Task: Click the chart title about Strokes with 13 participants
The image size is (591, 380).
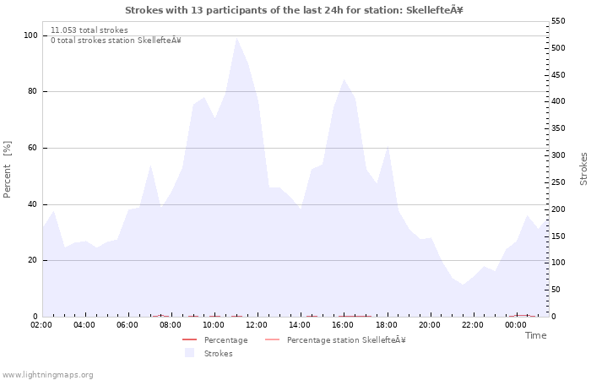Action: click(x=294, y=10)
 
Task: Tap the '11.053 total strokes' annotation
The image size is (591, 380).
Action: click(x=89, y=30)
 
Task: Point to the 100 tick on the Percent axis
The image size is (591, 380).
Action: click(x=30, y=35)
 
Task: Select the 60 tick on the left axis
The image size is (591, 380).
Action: click(x=32, y=148)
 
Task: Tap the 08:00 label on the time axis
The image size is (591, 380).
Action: click(x=171, y=324)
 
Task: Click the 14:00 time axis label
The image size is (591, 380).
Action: click(x=300, y=324)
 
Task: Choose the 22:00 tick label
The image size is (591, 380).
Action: click(x=472, y=324)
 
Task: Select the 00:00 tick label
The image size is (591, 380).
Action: click(x=515, y=324)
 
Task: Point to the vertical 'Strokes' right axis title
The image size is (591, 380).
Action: click(x=583, y=169)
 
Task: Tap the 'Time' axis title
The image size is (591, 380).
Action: click(x=535, y=335)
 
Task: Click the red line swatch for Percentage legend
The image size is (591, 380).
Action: click(x=189, y=340)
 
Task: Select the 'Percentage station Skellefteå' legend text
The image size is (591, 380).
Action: click(x=346, y=340)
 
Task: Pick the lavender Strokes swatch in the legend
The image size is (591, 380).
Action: click(x=189, y=353)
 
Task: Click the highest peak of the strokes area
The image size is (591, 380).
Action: click(x=236, y=38)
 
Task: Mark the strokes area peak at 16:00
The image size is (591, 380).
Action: click(x=344, y=79)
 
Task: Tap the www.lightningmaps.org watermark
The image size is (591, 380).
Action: click(x=48, y=374)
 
